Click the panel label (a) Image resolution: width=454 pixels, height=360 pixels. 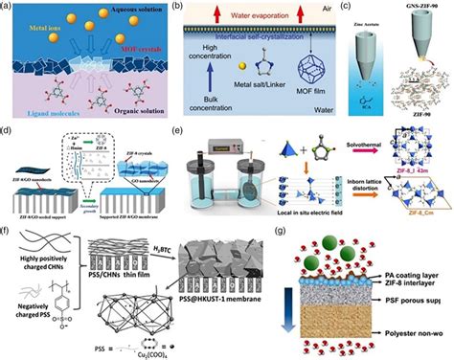click(x=10, y=9)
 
